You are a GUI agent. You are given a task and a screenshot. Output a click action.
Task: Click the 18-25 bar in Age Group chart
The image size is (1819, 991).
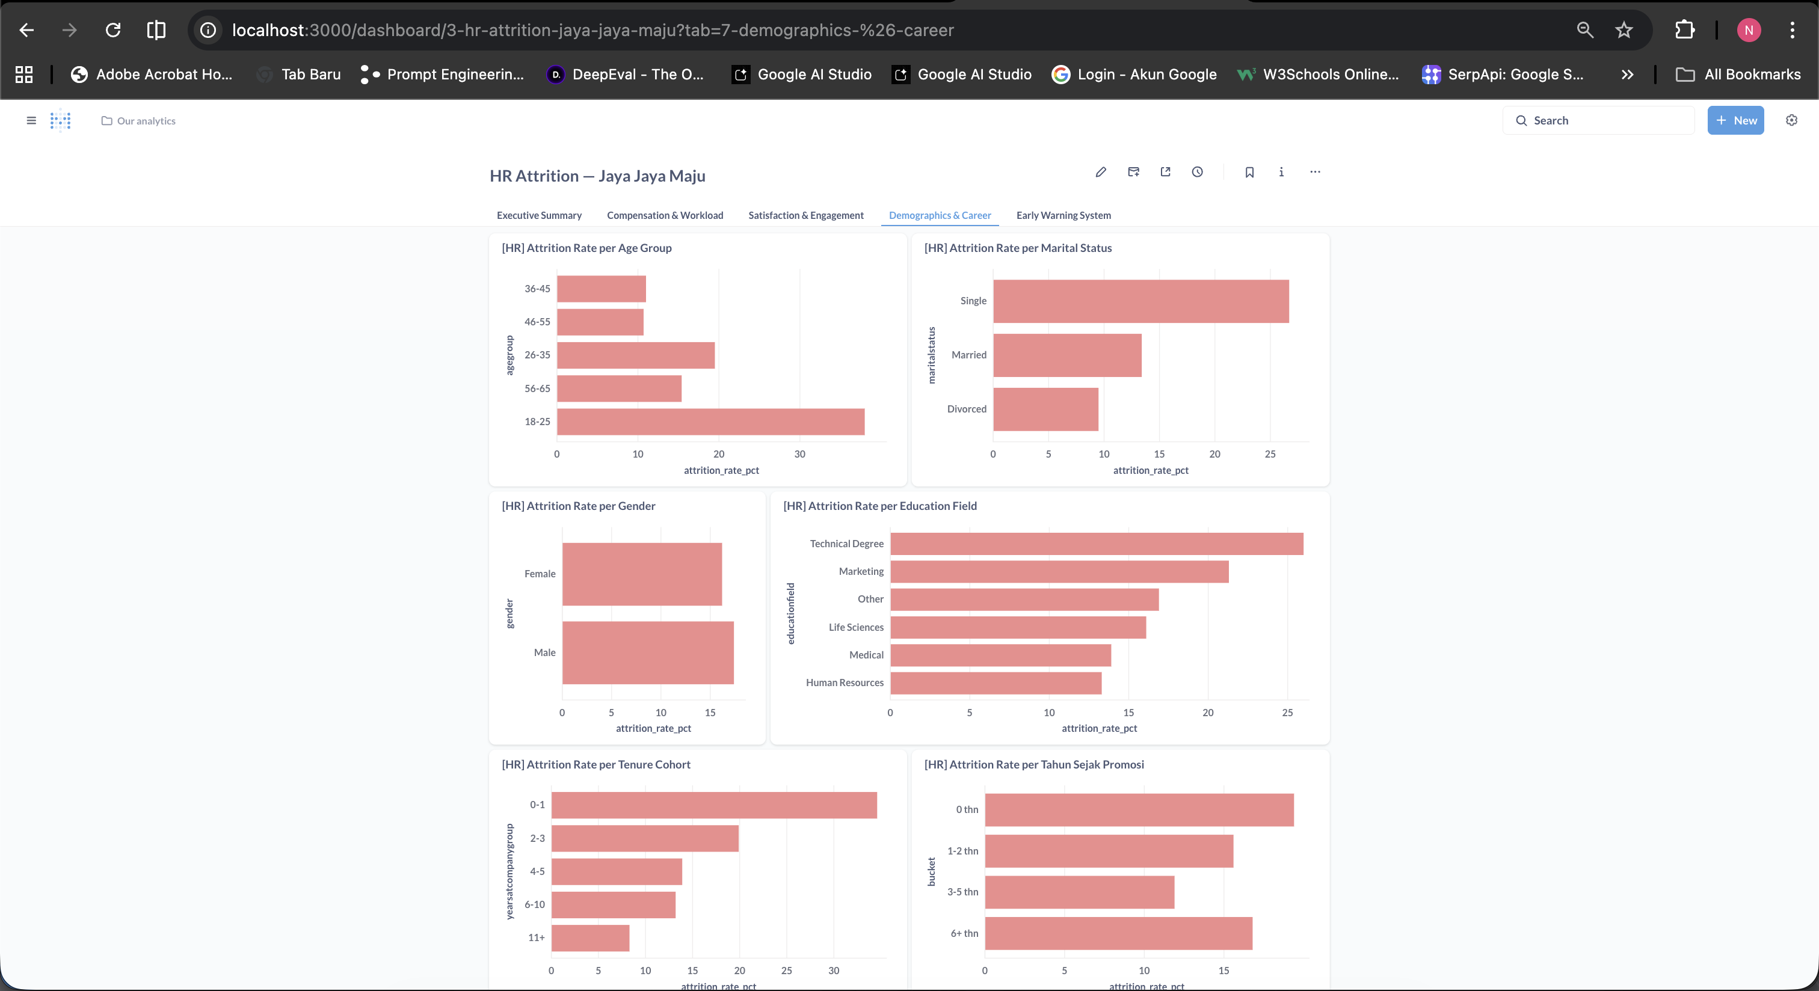[x=710, y=422]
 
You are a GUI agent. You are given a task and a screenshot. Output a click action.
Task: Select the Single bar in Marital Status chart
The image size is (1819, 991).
[x=1141, y=301]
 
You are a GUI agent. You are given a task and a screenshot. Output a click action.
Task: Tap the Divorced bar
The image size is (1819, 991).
[x=1046, y=410]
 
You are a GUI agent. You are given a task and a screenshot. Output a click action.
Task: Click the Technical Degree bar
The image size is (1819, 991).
[x=1097, y=544]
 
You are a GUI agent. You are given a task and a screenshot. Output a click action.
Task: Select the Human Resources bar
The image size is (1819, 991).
[x=996, y=683]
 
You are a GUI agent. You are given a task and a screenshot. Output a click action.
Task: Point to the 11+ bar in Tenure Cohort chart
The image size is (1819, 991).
[x=590, y=938]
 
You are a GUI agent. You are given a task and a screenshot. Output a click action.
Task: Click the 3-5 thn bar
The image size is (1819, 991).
[x=1080, y=892]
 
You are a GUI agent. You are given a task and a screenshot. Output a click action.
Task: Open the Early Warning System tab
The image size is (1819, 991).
[x=1063, y=215]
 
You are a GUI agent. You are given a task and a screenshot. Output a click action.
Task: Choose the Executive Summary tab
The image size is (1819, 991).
[x=539, y=215]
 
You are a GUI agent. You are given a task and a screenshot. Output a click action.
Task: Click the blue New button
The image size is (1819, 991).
[x=1735, y=121]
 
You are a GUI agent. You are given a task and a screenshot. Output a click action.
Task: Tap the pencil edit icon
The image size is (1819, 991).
[x=1101, y=172]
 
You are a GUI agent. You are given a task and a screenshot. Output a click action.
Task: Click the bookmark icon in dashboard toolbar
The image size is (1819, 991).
[x=1249, y=172]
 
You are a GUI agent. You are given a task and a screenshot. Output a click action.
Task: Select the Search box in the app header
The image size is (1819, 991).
[x=1599, y=121]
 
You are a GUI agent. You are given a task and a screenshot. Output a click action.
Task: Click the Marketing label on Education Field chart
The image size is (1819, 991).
[x=861, y=572]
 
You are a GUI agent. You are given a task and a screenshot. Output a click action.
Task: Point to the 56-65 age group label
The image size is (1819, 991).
[x=537, y=389]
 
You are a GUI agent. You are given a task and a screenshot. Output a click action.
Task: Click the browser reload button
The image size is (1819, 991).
[x=113, y=29]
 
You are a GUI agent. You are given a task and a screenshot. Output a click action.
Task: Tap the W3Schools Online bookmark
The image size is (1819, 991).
[x=1318, y=74]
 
